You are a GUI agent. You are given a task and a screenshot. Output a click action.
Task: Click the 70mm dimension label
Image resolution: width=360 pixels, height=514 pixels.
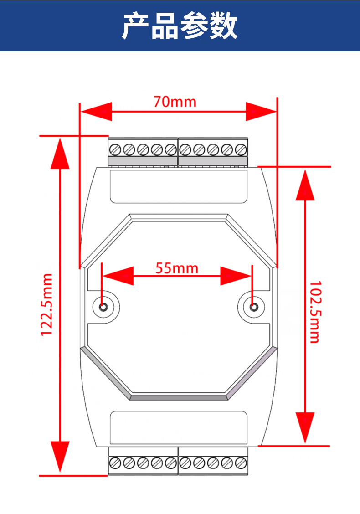(175, 102)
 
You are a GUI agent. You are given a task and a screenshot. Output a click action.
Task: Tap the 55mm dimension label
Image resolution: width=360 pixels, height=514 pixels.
(177, 268)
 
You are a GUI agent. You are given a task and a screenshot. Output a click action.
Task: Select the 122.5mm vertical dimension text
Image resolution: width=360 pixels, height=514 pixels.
(46, 304)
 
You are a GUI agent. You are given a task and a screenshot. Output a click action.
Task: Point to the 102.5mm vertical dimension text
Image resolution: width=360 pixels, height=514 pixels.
(315, 312)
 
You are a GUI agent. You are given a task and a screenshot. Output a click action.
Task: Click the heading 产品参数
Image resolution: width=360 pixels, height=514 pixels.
(180, 26)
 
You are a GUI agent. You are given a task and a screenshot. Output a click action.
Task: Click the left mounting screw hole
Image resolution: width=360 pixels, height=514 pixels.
(103, 307)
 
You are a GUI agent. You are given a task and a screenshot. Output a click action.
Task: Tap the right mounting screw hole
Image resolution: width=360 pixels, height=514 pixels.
(253, 307)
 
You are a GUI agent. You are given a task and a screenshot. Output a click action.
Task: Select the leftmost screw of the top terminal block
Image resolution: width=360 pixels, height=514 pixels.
(115, 149)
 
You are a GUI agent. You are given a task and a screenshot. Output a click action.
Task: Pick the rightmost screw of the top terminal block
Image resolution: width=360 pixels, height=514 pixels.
(241, 149)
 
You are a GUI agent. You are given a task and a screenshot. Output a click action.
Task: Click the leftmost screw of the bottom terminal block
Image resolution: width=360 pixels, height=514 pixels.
(115, 463)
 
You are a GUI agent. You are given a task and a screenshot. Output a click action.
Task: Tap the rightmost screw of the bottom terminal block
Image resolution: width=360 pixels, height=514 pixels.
(241, 463)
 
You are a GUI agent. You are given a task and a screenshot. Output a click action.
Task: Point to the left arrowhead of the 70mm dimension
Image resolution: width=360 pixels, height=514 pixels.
(97, 112)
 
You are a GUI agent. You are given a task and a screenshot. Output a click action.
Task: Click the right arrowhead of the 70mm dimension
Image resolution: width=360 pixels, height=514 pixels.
(261, 112)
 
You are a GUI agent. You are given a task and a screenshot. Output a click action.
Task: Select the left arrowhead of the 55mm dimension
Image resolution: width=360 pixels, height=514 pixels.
(118, 276)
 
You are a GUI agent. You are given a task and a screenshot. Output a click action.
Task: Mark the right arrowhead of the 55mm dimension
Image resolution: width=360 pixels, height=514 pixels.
(236, 276)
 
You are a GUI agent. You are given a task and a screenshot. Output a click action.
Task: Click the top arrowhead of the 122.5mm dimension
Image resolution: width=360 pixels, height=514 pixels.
(60, 154)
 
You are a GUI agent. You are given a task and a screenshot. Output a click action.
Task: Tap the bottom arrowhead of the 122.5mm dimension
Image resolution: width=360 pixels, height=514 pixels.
(60, 457)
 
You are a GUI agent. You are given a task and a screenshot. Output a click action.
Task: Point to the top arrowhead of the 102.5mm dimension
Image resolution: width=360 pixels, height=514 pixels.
(305, 185)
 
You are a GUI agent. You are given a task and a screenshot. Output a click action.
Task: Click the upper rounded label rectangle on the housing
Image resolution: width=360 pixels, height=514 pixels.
(179, 186)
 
